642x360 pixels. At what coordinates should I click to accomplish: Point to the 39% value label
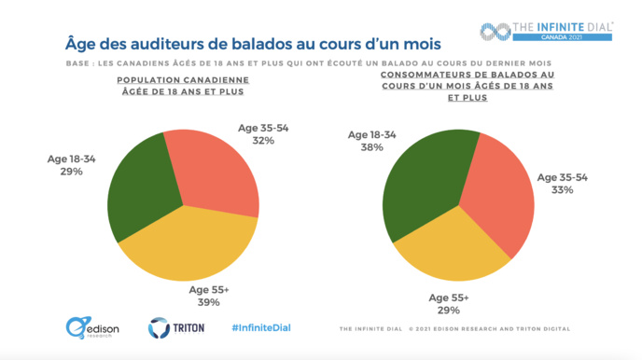coord(208,302)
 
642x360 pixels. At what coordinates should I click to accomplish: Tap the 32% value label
coord(262,141)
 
